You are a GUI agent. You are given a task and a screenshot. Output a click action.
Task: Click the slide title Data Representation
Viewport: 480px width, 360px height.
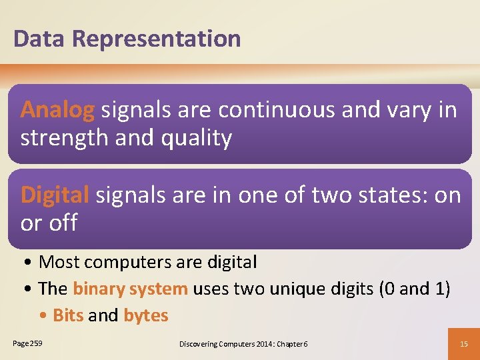tap(127, 39)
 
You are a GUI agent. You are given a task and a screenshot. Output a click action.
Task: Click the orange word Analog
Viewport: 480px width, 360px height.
tap(58, 110)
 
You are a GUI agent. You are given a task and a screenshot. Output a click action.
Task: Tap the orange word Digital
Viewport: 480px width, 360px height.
tap(55, 195)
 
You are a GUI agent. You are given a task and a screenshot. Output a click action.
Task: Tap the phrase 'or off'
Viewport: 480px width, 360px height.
tap(49, 223)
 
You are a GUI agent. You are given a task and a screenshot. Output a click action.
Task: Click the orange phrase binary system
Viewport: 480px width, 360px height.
tap(130, 289)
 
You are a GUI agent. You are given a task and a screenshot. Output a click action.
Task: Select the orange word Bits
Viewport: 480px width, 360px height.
tap(68, 315)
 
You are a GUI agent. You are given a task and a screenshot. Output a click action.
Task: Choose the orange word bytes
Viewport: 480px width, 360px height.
tap(146, 315)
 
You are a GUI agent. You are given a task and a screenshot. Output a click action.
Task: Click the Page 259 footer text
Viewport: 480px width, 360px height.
tap(27, 343)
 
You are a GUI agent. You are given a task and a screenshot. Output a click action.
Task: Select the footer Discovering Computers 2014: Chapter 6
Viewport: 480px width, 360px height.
tap(243, 343)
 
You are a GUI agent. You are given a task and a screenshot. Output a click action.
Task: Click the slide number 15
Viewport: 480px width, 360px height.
tap(463, 343)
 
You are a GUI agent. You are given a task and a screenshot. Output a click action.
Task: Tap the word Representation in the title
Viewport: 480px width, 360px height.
tap(157, 39)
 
